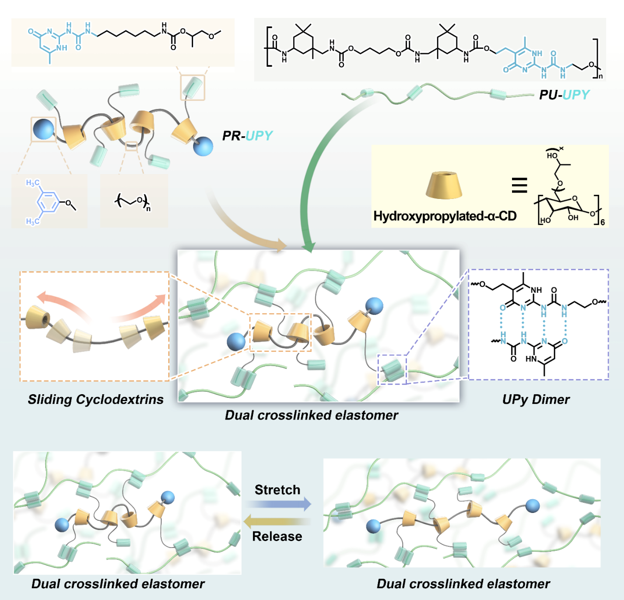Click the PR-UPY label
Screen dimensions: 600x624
[x=247, y=136]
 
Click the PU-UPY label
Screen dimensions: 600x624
[x=564, y=95]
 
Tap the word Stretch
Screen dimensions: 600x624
[x=277, y=489]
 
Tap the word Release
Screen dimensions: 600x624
[x=277, y=536]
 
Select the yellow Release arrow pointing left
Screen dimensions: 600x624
[x=277, y=522]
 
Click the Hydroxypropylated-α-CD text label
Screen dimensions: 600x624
[x=444, y=216]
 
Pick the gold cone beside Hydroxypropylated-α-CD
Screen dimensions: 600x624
[x=443, y=185]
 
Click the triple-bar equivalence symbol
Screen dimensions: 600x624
[x=519, y=185]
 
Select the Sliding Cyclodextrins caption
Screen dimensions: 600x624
[x=95, y=399]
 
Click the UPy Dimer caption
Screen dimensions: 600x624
[x=536, y=399]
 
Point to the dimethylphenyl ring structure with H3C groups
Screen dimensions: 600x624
[x=49, y=202]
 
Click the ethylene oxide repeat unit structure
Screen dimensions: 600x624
[x=133, y=202]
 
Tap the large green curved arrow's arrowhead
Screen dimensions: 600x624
[x=308, y=247]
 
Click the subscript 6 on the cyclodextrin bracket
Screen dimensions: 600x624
[x=602, y=222]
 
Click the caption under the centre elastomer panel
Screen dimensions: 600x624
[x=311, y=415]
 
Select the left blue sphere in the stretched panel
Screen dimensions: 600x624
[x=373, y=525]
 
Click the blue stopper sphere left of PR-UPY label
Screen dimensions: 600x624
[x=203, y=146]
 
